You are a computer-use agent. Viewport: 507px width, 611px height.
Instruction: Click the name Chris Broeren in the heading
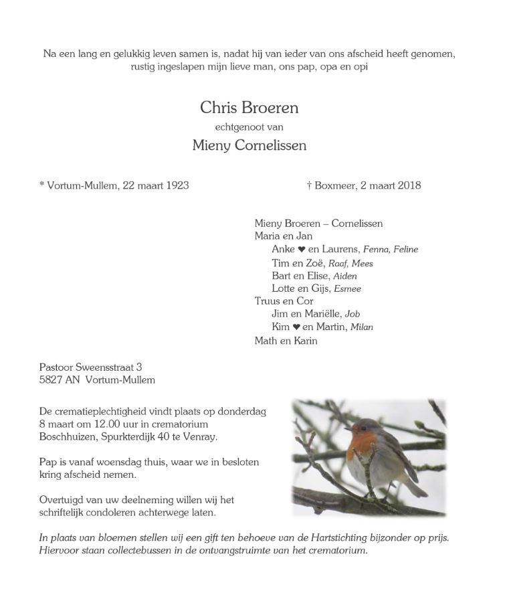tap(249, 107)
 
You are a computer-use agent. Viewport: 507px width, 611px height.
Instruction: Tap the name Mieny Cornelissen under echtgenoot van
tap(249, 145)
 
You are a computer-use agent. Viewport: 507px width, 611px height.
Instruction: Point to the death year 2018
tap(408, 185)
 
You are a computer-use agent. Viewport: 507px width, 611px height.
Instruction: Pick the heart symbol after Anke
tap(302, 250)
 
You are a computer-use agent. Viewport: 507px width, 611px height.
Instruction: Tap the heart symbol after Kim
tap(296, 327)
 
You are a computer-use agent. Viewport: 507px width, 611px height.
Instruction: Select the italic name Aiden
tap(344, 276)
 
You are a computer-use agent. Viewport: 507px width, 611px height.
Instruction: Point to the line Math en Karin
tap(286, 341)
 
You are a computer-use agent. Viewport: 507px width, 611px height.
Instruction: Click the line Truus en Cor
tap(284, 301)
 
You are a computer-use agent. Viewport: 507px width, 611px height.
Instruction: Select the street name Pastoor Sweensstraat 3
tap(90, 367)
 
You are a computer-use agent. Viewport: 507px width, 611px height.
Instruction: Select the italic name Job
tap(352, 314)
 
